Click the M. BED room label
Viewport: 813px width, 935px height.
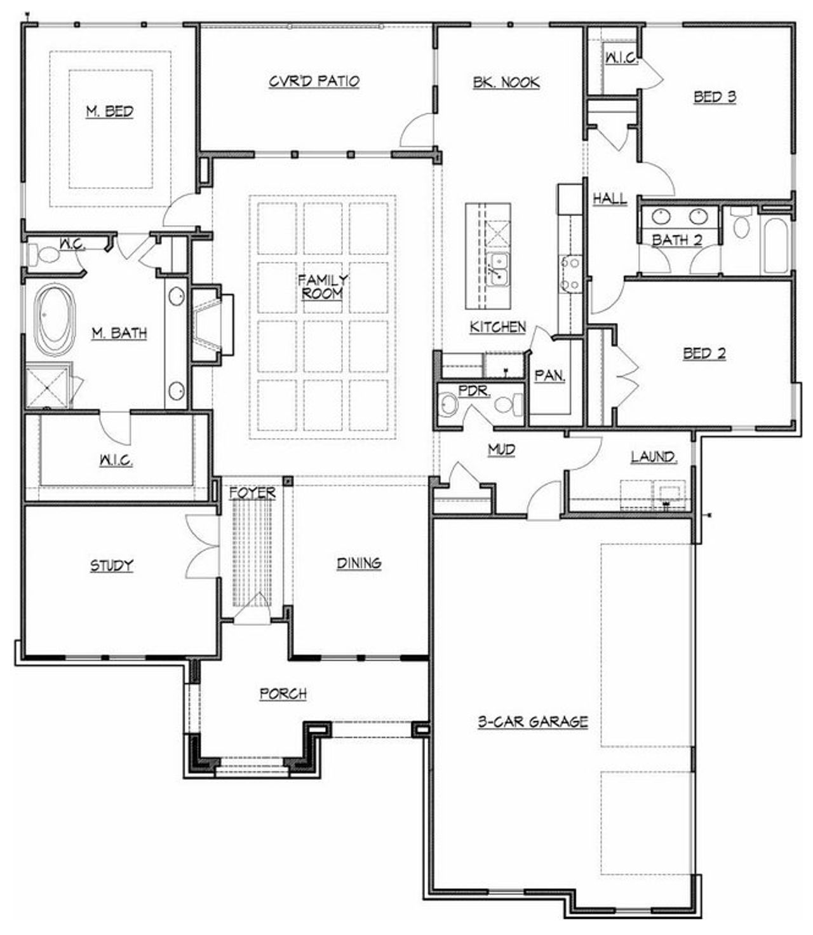tap(110, 112)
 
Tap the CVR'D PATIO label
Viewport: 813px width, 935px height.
tap(314, 81)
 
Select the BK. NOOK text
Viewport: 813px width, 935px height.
tap(506, 82)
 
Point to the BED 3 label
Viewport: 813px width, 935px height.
tap(715, 97)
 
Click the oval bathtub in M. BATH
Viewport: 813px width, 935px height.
tap(55, 320)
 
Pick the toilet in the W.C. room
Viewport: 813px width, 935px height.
tap(47, 256)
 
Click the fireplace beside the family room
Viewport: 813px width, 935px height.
tap(209, 325)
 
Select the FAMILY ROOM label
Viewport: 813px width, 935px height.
tap(323, 287)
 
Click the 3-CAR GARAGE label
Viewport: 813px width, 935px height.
tap(532, 721)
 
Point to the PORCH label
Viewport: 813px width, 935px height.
tap(283, 693)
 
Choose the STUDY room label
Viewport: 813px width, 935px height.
tap(111, 565)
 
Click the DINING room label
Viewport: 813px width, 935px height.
tap(359, 563)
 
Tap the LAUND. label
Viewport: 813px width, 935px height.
tap(654, 456)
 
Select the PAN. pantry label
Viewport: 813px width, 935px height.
tap(549, 376)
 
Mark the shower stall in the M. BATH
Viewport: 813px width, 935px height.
tap(48, 385)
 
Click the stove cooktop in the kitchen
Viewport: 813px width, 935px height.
tap(570, 273)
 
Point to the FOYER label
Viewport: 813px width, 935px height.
tap(253, 493)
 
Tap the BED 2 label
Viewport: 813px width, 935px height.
tap(704, 353)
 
